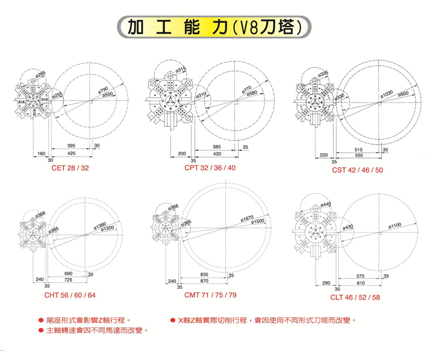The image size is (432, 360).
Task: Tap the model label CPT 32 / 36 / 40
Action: pyautogui.click(x=210, y=168)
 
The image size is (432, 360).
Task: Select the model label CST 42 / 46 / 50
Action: pyautogui.click(x=357, y=171)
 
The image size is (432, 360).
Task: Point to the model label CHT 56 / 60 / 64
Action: pyautogui.click(x=70, y=295)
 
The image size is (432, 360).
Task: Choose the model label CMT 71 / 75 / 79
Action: pyautogui.click(x=210, y=295)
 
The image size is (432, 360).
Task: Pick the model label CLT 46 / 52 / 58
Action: pyautogui.click(x=355, y=297)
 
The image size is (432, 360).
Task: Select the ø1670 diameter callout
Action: pyautogui.click(x=246, y=218)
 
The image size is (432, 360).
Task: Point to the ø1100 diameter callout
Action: pyautogui.click(x=397, y=227)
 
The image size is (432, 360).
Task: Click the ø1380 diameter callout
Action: pyautogui.click(x=100, y=224)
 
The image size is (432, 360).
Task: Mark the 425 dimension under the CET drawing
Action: pyautogui.click(x=71, y=154)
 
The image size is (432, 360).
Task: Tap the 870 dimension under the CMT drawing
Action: pyautogui.click(x=205, y=281)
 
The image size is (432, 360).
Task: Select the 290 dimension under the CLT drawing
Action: pyautogui.click(x=326, y=283)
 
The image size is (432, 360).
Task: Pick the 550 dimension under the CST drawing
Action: pyautogui.click(x=354, y=155)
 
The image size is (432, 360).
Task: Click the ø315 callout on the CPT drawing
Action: pyautogui.click(x=181, y=69)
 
